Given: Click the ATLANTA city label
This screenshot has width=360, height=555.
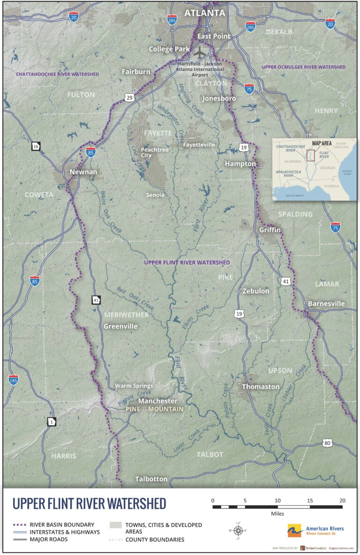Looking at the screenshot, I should coord(204,14).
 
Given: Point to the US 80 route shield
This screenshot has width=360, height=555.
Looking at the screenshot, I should coord(327,443).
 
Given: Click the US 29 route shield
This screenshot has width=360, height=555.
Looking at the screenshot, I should coord(129,98).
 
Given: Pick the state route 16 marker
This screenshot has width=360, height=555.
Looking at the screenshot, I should coord(36,146).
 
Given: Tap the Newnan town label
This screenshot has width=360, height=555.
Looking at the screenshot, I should coord(83,172).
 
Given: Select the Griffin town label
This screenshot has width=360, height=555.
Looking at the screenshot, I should coord(270,230).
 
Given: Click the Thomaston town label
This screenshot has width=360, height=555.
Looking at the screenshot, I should coord(261,387).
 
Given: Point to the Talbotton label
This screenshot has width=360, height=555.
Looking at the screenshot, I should coord(151,479).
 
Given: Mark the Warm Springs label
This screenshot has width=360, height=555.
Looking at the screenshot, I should coord(134,386).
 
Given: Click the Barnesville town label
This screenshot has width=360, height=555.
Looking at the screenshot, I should coord(326,304).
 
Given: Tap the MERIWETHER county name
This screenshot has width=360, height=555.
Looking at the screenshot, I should coord(126,315).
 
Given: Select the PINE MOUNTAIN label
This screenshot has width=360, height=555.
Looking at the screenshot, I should coord(154,409).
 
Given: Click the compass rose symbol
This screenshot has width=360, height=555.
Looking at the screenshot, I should coord(238,531).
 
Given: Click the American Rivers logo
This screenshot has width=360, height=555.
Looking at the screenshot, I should coord(315,531).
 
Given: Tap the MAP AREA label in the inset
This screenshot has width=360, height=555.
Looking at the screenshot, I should coord(322,143).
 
